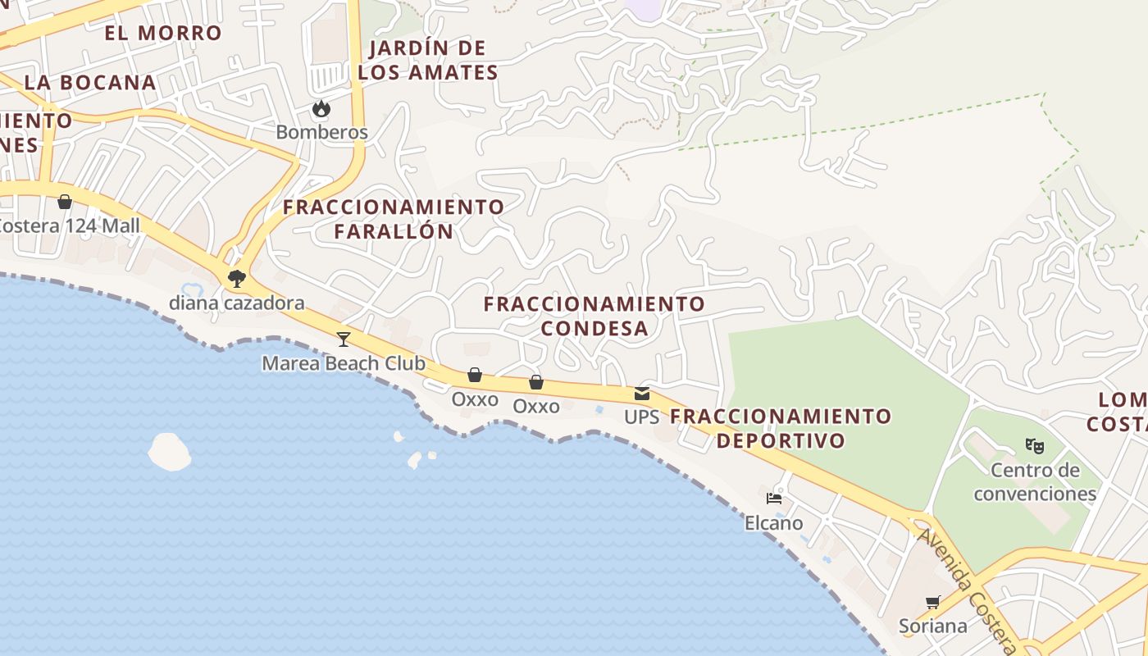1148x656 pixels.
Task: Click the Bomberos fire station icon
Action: (x=321, y=108)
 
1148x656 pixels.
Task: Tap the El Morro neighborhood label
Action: (x=163, y=33)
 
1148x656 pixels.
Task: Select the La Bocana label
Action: (x=90, y=82)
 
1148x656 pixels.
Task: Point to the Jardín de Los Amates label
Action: (x=428, y=60)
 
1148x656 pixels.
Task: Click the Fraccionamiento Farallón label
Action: (x=394, y=219)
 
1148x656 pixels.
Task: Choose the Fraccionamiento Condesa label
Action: (x=594, y=316)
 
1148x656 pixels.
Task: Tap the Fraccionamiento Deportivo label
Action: (x=781, y=428)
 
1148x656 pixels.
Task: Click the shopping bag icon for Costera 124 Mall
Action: (x=65, y=202)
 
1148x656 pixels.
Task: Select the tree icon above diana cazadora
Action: (x=237, y=279)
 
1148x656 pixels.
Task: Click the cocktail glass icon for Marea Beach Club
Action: (x=344, y=339)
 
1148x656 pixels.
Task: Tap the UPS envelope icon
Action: (x=642, y=394)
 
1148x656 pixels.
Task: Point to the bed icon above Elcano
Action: (x=773, y=499)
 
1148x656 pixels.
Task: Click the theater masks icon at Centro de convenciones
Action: (x=1035, y=447)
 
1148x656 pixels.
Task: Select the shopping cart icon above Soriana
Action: (x=932, y=603)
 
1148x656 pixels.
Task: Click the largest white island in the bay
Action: (x=169, y=452)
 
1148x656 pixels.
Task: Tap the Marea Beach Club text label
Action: (x=344, y=363)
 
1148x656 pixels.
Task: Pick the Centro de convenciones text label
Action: (x=1035, y=482)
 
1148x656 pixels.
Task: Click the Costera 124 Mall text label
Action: (x=70, y=225)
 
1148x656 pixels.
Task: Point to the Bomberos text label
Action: (x=321, y=132)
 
